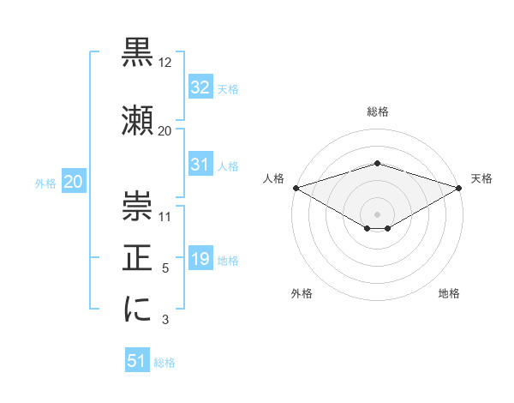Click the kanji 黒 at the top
click(x=138, y=53)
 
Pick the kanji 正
click(x=138, y=256)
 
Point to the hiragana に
click(x=138, y=309)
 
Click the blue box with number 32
click(x=200, y=87)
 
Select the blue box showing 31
click(x=200, y=165)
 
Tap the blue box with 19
click(x=200, y=260)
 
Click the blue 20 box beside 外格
click(x=74, y=182)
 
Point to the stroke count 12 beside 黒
click(x=165, y=63)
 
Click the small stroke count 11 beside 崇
click(x=165, y=215)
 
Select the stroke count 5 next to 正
click(x=165, y=268)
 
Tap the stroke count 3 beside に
click(x=165, y=321)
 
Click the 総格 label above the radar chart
click(x=377, y=111)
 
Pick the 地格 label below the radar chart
click(x=449, y=294)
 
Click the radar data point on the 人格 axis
click(x=296, y=188)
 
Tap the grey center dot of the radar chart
click(x=377, y=214)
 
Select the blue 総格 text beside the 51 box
click(x=164, y=363)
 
